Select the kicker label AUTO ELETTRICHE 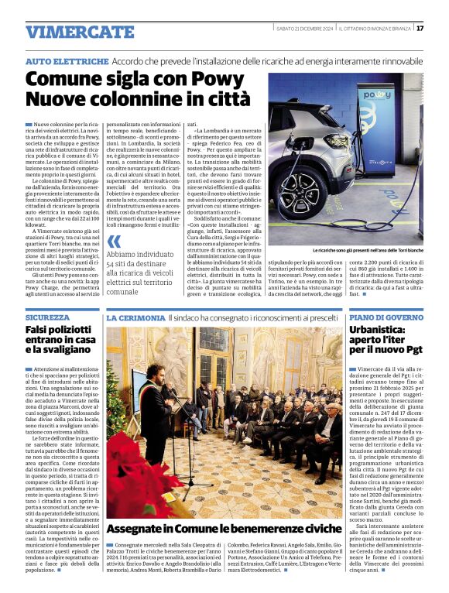coord(67,60)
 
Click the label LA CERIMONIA coord(135,317)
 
